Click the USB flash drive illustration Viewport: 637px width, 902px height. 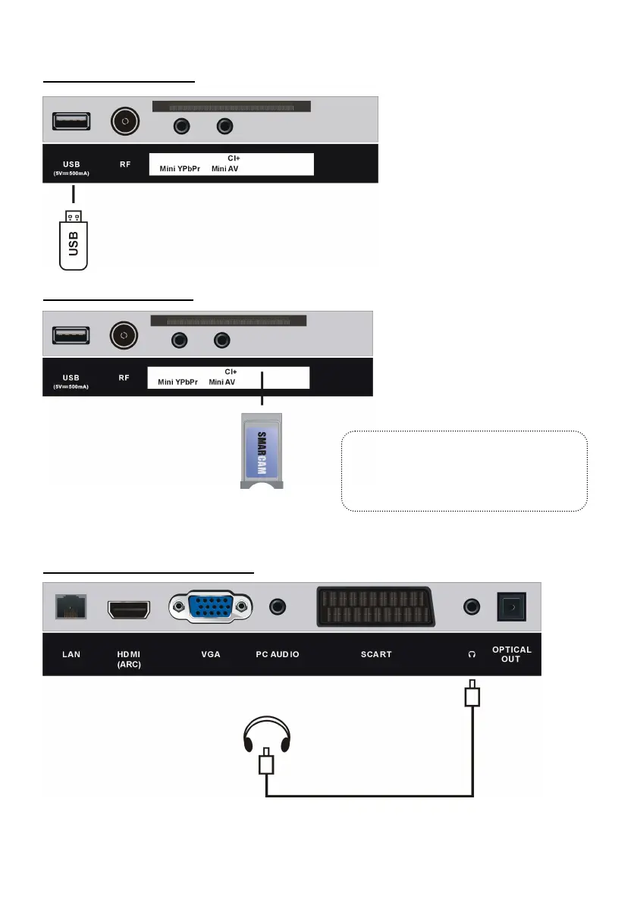(x=74, y=241)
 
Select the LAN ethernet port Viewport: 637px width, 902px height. (x=71, y=607)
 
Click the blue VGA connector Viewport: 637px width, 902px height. (x=211, y=607)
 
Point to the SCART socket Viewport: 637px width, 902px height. (x=375, y=607)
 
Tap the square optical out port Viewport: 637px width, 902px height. (x=510, y=607)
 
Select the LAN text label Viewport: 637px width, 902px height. (x=71, y=654)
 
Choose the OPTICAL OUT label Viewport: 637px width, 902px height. (x=512, y=654)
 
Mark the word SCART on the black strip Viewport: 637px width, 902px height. (x=376, y=654)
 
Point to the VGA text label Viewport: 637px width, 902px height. (x=211, y=654)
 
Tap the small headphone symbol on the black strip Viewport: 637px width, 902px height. (x=472, y=654)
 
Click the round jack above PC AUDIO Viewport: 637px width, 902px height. (x=278, y=607)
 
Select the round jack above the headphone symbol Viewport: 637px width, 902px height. (x=472, y=607)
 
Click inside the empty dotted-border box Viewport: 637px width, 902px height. (x=465, y=471)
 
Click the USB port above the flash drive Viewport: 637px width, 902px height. (x=71, y=122)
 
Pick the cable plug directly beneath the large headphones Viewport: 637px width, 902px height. (x=265, y=763)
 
